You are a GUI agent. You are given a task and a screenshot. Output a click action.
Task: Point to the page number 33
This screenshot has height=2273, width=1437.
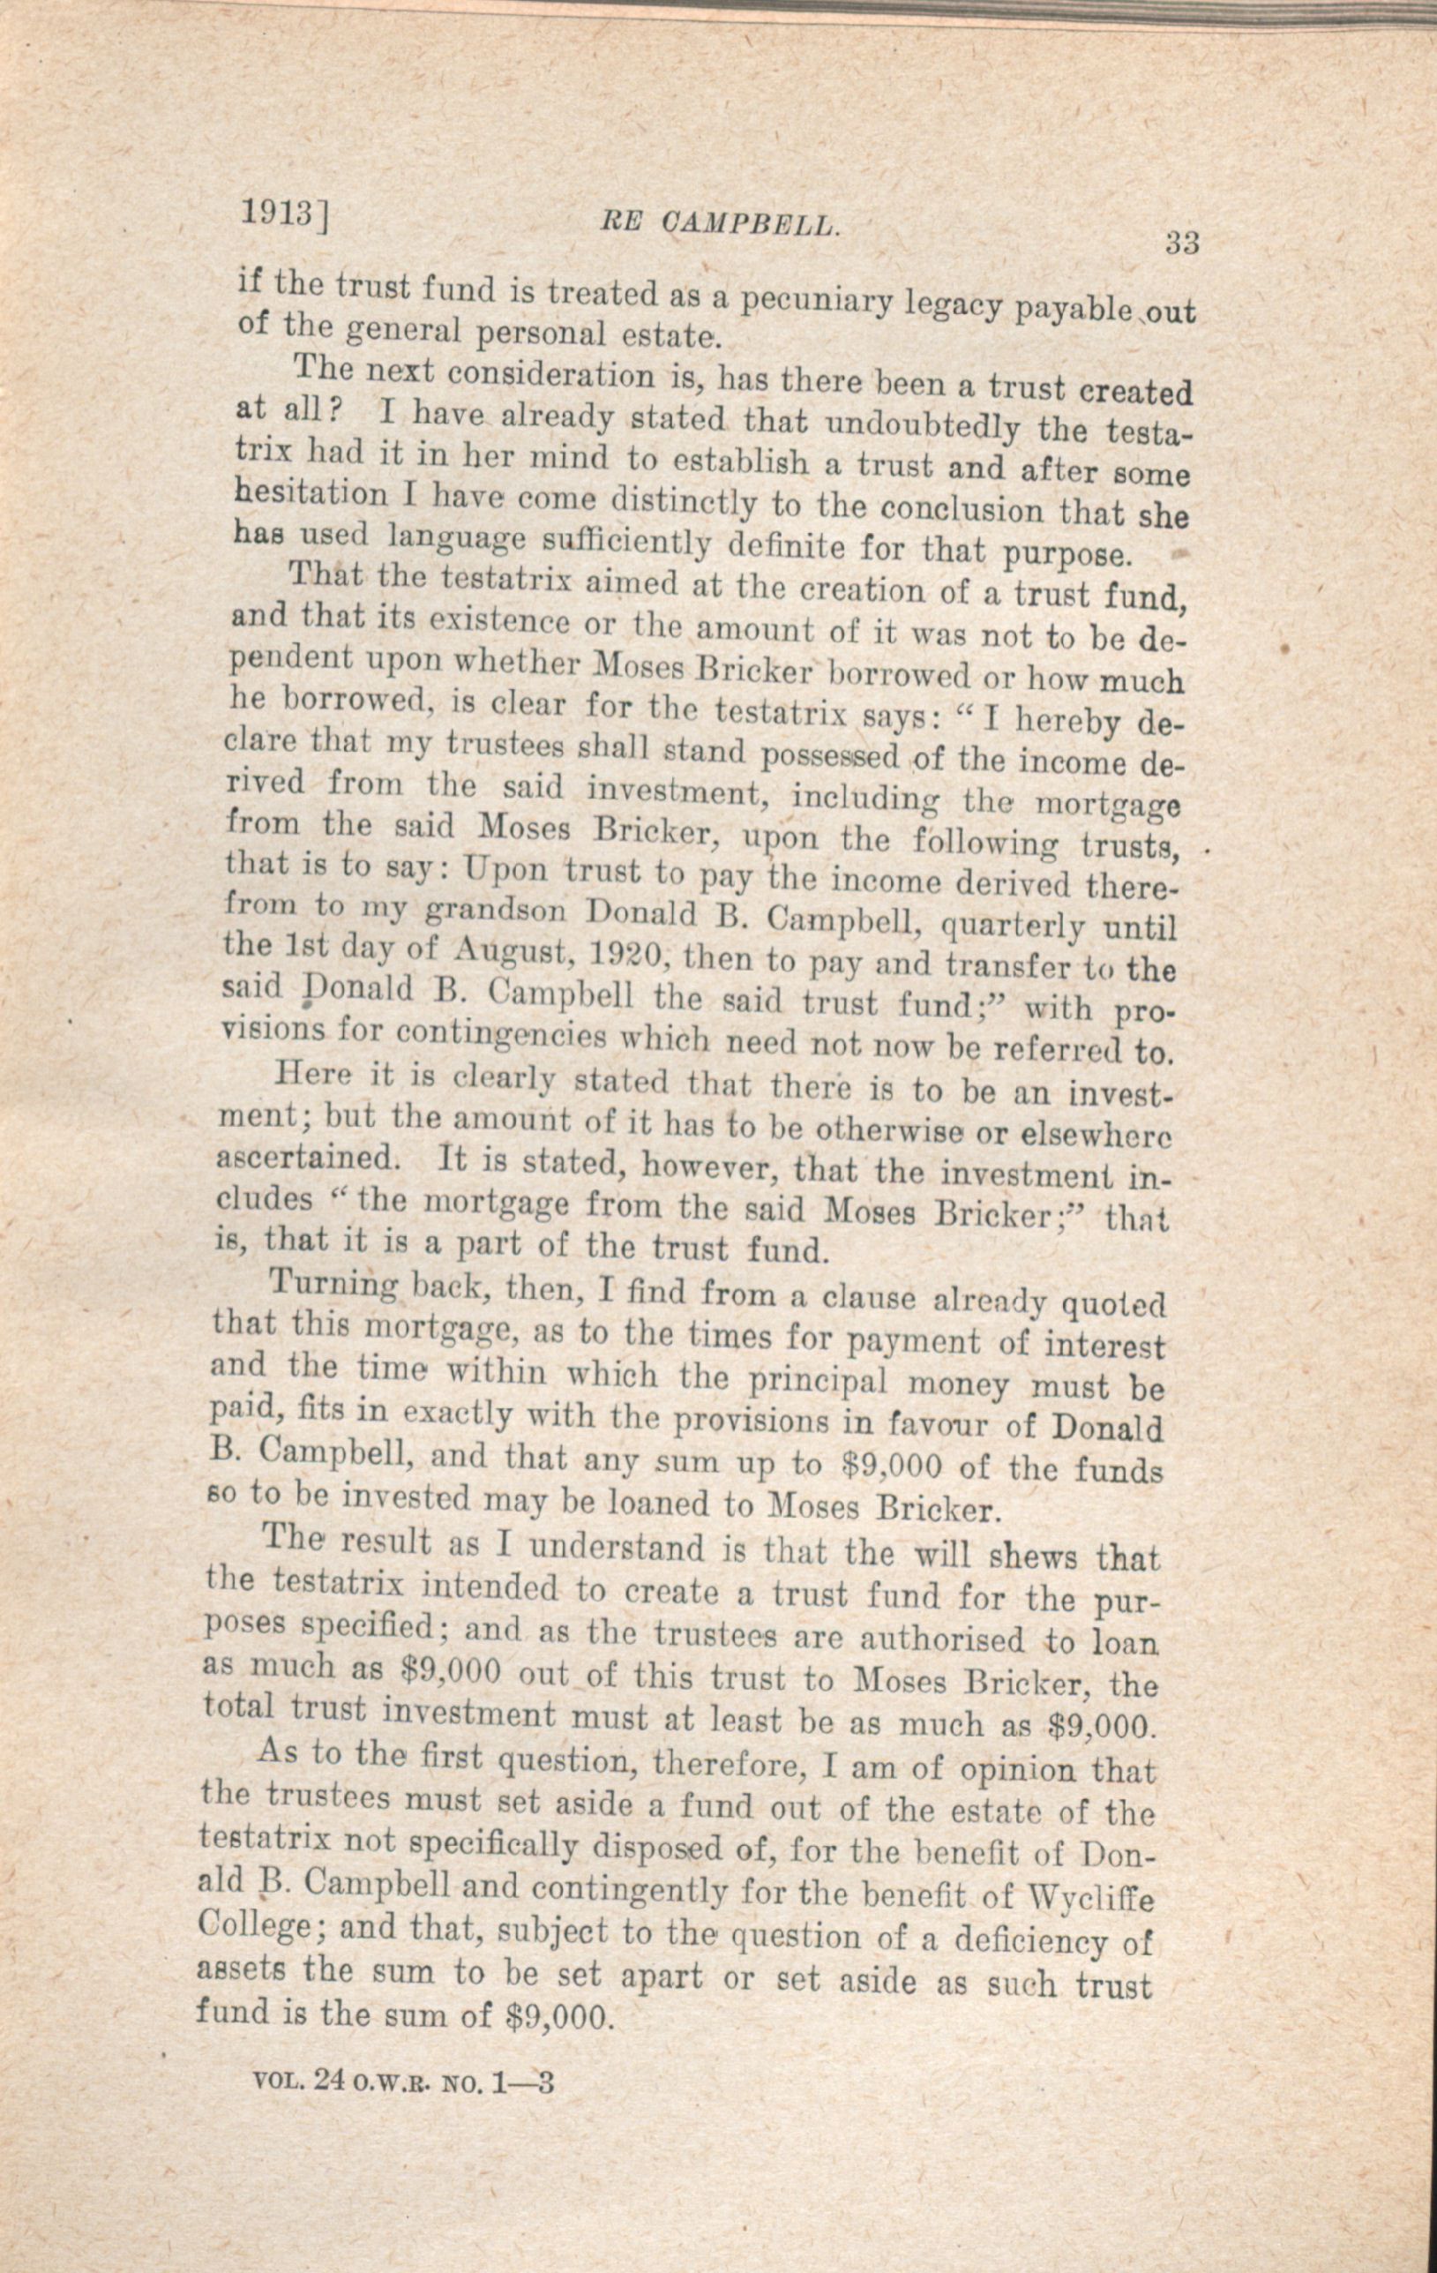(1180, 244)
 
